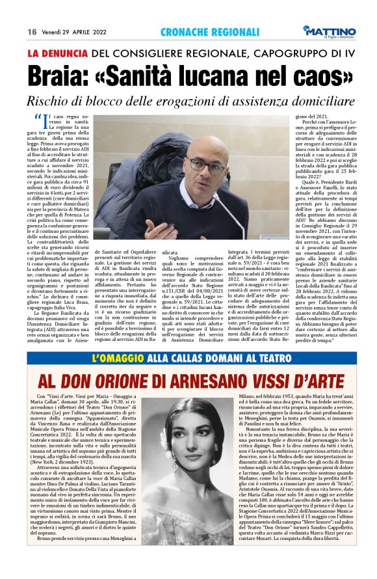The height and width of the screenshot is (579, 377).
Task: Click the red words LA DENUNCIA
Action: [56, 54]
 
